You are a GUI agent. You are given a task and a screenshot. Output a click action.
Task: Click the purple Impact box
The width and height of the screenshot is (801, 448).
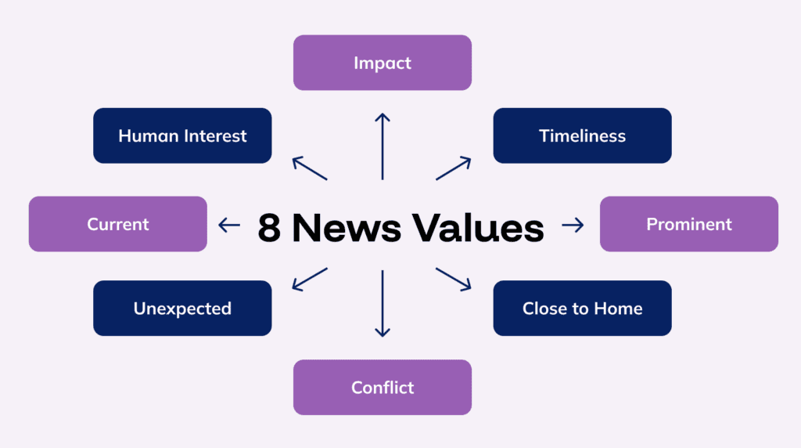point(383,63)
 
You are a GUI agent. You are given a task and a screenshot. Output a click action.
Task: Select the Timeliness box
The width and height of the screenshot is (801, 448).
point(582,135)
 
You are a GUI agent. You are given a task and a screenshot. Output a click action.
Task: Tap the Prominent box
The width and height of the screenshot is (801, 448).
point(688,224)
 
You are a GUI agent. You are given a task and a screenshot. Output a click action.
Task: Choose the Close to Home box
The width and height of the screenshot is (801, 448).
point(582,309)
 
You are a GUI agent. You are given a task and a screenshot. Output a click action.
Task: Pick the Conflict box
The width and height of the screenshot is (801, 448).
point(383,387)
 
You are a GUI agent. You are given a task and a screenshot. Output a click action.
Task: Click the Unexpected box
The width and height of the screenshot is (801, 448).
point(182,309)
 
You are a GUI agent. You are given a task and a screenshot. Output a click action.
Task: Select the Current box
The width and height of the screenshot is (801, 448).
point(118,224)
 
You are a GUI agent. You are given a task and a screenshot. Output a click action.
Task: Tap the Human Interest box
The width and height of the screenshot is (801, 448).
point(182,135)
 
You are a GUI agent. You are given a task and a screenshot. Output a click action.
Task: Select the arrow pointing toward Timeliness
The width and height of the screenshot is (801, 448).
point(454,168)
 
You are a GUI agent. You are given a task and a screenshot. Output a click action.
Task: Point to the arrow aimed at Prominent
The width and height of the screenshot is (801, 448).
point(573,226)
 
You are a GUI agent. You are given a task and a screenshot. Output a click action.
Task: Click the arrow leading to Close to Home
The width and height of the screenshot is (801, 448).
point(454,280)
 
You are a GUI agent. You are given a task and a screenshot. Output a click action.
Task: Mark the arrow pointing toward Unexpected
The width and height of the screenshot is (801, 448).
point(310,280)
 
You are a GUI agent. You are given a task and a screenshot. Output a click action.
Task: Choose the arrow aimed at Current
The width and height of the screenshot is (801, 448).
point(229,226)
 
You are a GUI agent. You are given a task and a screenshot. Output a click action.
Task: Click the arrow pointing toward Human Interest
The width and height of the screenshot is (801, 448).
point(310,168)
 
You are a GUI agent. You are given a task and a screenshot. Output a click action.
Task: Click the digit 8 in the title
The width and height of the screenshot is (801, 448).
point(269,227)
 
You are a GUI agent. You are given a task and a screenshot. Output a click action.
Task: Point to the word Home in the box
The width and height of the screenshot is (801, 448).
point(618,309)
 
